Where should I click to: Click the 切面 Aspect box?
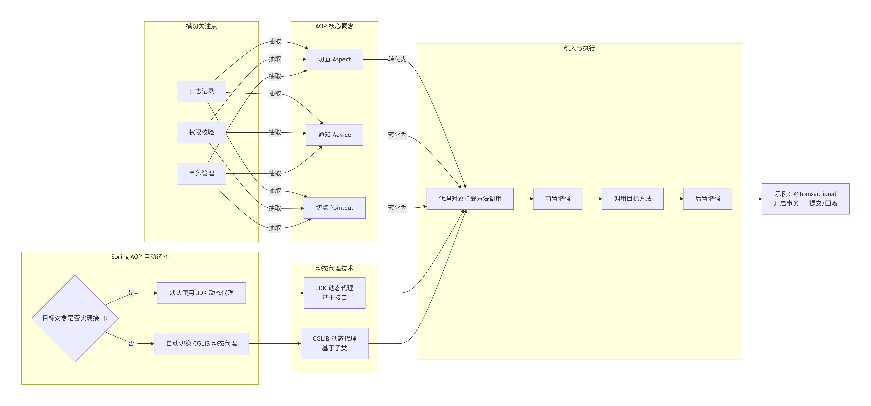334,59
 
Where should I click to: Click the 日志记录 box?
202,91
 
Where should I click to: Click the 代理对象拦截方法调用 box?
470,199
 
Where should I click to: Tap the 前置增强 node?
558,199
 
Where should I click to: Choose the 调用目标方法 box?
633,199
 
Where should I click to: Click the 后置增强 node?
708,199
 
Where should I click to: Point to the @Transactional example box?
805,199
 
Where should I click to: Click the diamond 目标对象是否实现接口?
75,318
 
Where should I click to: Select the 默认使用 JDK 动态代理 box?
202,293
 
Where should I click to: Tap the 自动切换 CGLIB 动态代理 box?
202,344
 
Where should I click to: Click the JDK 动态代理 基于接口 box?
334,293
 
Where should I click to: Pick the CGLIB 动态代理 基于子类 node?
334,344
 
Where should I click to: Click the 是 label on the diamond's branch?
131,293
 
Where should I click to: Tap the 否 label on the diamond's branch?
131,344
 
